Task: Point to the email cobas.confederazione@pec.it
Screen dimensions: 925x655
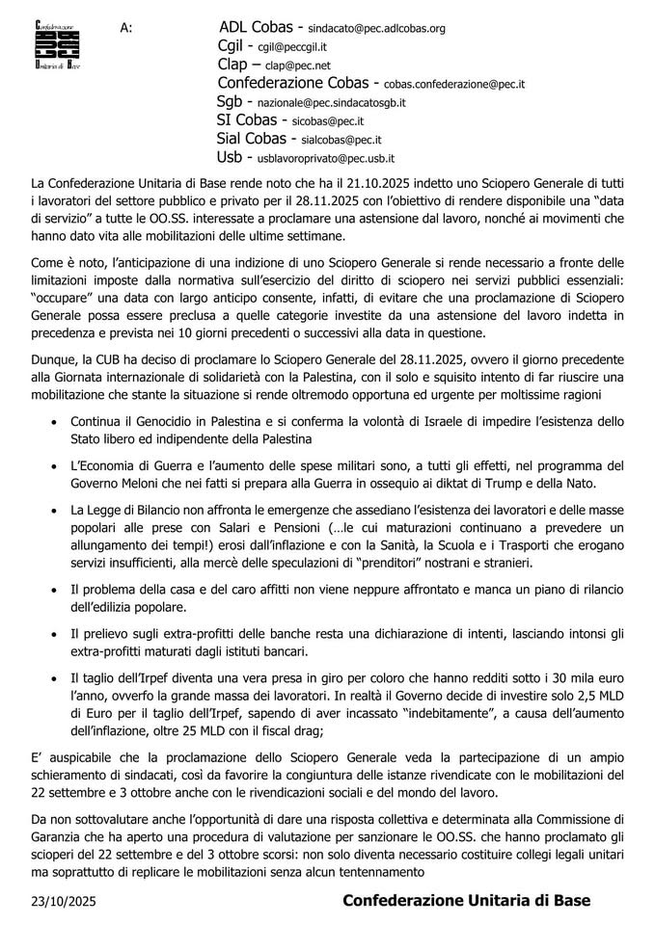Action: [454, 85]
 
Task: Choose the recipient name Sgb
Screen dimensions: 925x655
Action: [229, 101]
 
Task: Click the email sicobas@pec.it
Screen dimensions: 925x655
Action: [328, 121]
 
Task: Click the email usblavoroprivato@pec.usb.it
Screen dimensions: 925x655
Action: [326, 158]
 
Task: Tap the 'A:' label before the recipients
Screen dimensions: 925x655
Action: [126, 28]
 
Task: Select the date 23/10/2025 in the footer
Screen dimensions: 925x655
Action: [64, 900]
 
